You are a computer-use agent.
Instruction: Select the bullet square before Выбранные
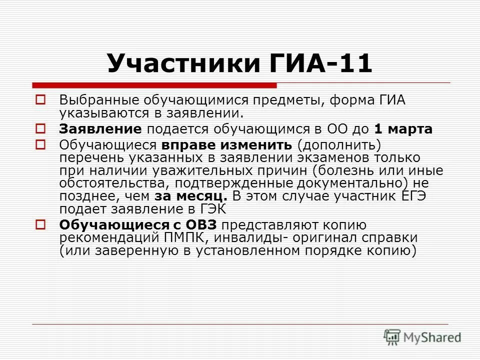coord(41,99)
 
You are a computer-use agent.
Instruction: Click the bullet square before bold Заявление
coord(41,128)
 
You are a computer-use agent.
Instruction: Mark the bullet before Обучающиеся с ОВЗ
coord(41,224)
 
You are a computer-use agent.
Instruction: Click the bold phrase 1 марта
coord(403,129)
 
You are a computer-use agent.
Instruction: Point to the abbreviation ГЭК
coord(213,209)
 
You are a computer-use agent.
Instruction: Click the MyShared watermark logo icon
coord(392,336)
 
